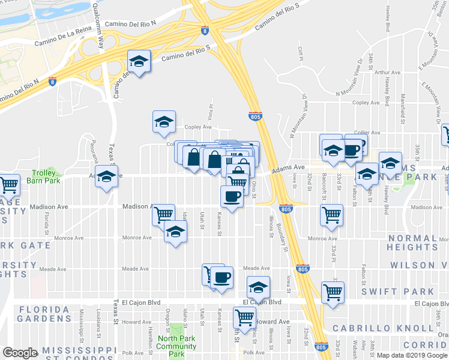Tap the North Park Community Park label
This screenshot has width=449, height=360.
176,346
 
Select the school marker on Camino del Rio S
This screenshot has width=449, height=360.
139,61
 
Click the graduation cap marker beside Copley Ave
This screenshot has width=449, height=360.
164,122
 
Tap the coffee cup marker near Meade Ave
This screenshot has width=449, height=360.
222,278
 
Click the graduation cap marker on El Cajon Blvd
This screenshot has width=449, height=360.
259,287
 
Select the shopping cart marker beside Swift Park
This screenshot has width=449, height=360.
333,292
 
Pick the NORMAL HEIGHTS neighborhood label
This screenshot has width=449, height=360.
412,242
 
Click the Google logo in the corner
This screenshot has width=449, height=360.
20,353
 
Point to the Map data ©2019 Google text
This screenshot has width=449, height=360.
411,355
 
